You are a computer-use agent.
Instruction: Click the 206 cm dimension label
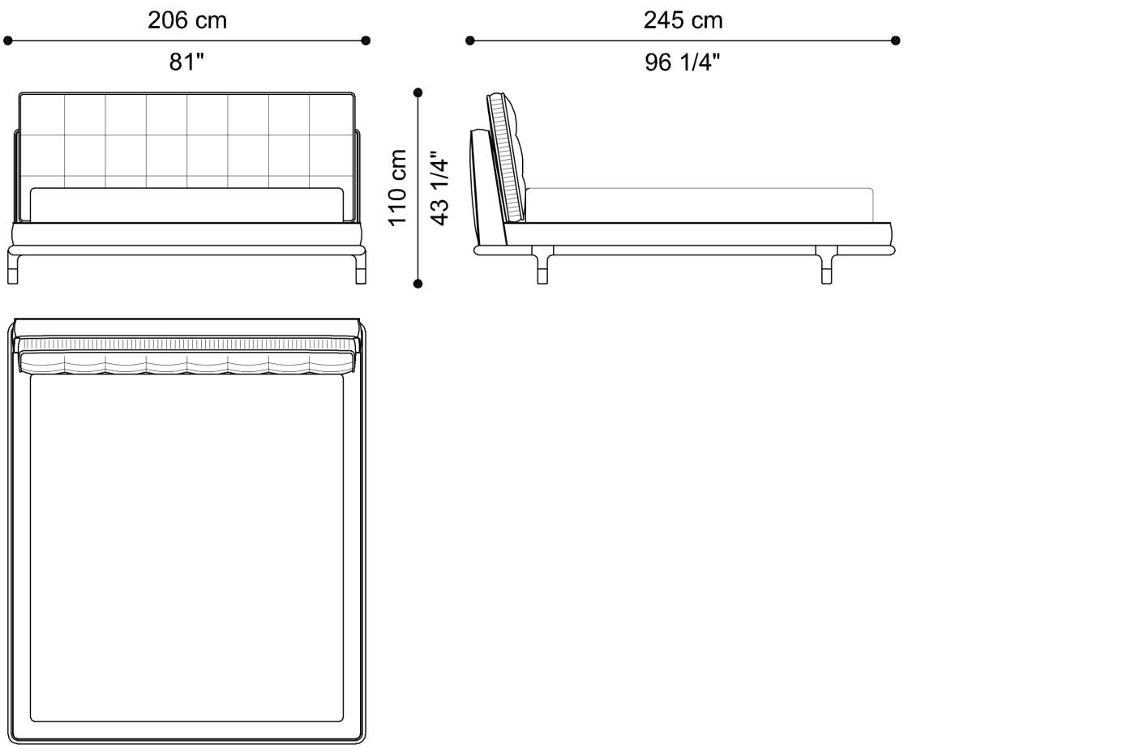click(187, 21)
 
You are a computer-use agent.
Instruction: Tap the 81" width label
click(186, 62)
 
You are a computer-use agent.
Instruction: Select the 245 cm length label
click(683, 21)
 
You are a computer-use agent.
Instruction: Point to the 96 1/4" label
click(682, 62)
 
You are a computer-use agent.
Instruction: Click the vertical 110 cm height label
click(397, 188)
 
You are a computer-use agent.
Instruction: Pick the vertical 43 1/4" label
click(439, 188)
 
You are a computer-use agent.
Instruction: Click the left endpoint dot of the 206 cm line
click(7, 41)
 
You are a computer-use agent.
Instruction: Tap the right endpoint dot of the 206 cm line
click(366, 41)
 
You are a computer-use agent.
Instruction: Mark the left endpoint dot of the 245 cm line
click(470, 41)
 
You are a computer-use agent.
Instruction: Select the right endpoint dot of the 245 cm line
click(895, 41)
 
